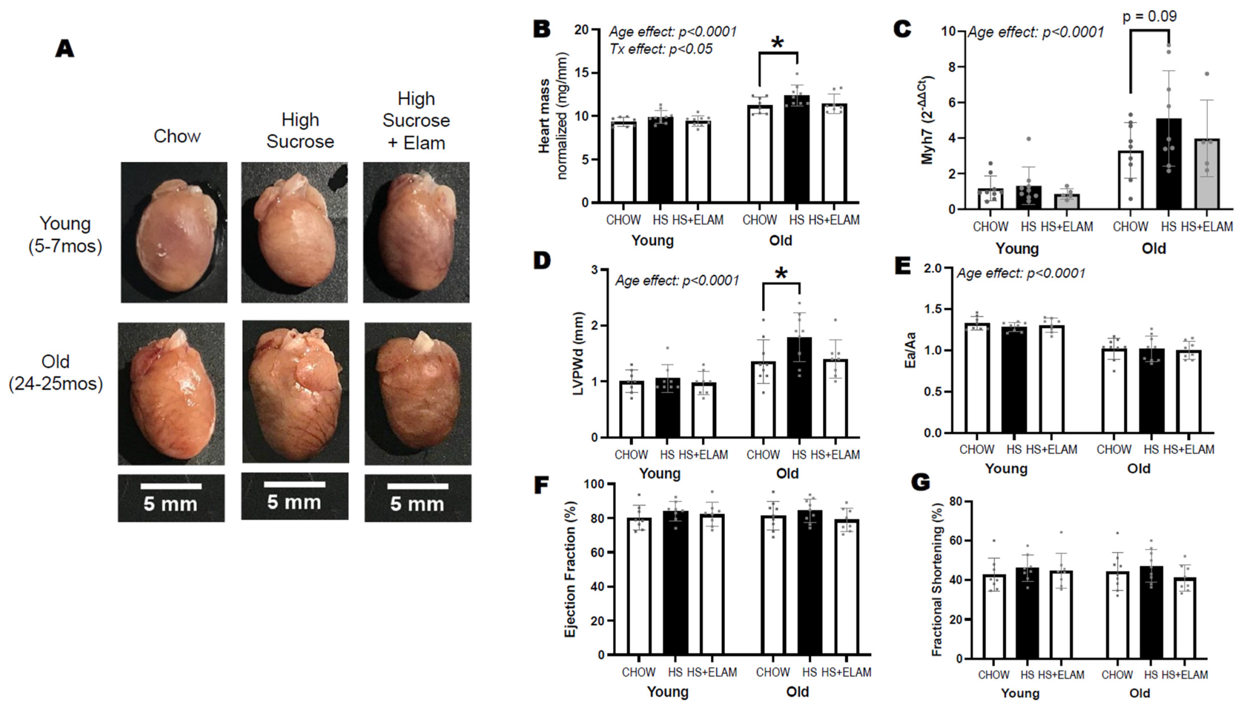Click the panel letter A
click(65, 49)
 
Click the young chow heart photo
click(174, 233)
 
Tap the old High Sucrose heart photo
click(295, 392)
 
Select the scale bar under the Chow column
click(171, 486)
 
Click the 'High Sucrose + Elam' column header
click(416, 120)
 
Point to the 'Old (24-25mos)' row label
click(55, 373)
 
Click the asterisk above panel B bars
click(777, 43)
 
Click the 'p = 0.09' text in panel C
click(1149, 17)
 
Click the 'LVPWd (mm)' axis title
click(578, 354)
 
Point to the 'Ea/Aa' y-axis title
click(910, 350)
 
